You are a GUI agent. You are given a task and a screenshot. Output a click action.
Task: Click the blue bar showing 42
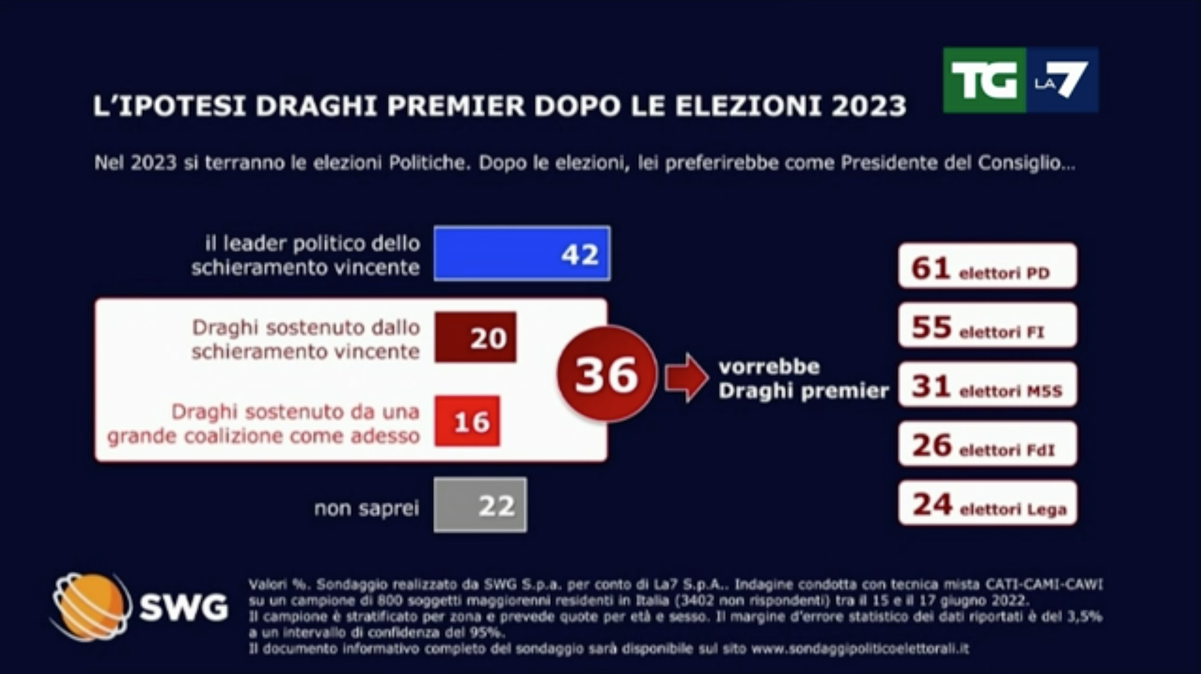click(x=522, y=253)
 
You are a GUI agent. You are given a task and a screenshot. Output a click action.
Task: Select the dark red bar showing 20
click(x=476, y=338)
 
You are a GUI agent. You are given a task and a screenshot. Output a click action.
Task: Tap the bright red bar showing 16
click(x=468, y=421)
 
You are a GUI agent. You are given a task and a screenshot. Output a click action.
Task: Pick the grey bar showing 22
click(x=480, y=505)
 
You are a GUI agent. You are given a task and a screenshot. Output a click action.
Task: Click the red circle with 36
click(x=606, y=375)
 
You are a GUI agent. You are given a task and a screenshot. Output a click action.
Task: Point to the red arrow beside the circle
click(x=686, y=376)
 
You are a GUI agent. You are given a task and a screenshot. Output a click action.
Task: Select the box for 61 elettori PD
click(x=987, y=266)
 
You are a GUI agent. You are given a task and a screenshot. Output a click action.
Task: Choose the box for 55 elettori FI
click(x=987, y=326)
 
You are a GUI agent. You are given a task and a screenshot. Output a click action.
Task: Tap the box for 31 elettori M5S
click(x=987, y=385)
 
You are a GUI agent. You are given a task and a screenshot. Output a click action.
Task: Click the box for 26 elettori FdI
click(x=987, y=444)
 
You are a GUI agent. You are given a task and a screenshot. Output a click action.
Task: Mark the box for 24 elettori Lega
click(x=987, y=503)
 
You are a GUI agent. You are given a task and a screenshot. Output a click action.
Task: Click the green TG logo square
click(x=983, y=80)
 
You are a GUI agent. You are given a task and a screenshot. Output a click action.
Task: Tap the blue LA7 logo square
click(x=1062, y=80)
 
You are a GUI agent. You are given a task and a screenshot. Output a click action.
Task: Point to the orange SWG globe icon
click(x=92, y=606)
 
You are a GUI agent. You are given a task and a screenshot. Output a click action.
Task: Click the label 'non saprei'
click(x=366, y=508)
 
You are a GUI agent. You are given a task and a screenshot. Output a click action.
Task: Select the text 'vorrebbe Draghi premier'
click(x=803, y=379)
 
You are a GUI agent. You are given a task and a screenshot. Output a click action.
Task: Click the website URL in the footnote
click(x=860, y=649)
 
